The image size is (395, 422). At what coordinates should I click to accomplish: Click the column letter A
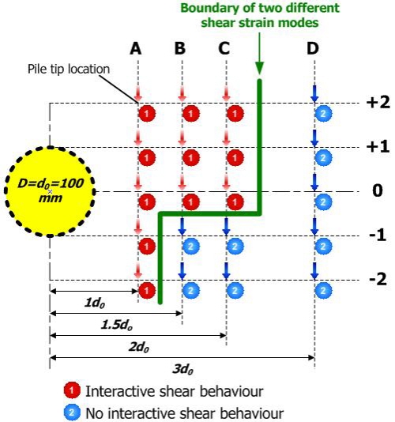136,49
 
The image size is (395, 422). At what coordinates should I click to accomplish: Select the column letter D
313,49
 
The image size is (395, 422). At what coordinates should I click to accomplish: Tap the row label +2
378,103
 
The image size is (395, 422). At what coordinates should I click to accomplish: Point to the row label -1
378,235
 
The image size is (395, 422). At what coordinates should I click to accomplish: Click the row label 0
378,190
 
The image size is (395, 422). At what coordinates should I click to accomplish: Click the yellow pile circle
50,191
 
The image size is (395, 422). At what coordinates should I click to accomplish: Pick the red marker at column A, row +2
147,113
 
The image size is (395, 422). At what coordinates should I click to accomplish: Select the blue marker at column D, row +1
323,157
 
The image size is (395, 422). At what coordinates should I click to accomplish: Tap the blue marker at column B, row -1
191,246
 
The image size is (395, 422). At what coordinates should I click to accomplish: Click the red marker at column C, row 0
235,202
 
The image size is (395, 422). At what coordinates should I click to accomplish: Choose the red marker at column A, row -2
147,290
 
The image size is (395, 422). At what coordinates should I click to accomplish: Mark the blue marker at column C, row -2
235,290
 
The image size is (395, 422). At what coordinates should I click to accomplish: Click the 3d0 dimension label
182,369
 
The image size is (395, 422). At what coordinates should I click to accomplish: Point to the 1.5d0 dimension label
117,325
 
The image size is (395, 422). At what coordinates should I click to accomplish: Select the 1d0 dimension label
95,303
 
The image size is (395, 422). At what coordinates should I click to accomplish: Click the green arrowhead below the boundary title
259,68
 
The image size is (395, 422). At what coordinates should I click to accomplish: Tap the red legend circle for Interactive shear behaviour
72,390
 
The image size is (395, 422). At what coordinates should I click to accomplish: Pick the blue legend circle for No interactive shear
72,412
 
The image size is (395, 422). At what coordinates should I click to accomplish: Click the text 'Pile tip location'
69,70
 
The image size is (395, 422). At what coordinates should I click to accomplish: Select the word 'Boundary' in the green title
210,8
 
